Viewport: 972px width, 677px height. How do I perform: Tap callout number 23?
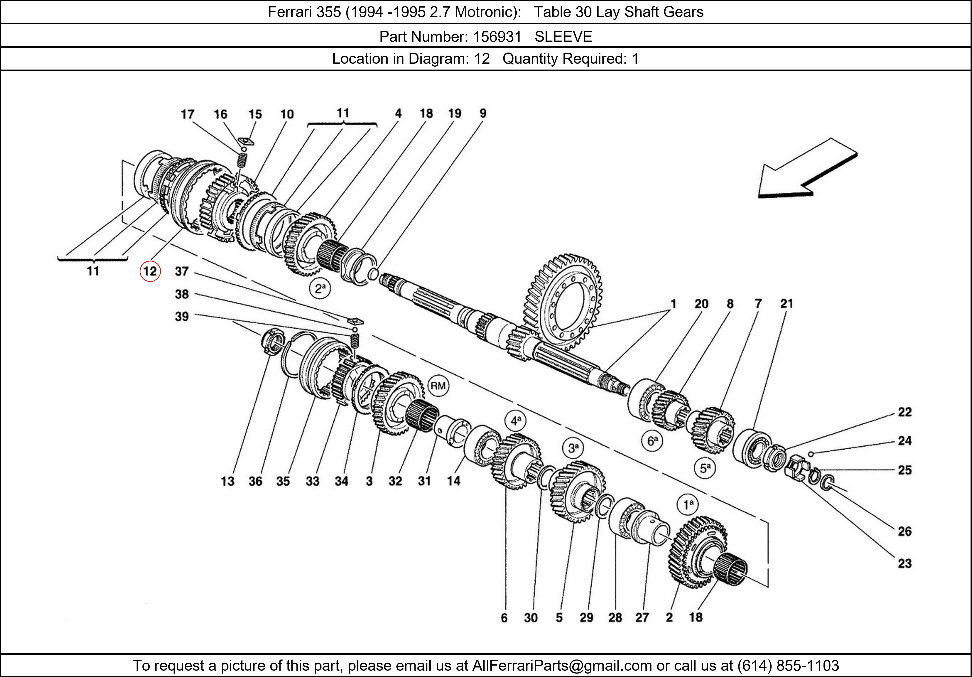905,563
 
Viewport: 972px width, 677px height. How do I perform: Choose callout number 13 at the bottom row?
227,481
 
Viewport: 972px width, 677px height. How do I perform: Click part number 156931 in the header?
497,37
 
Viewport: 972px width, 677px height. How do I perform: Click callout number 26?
905,531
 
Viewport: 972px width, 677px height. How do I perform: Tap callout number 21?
787,304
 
